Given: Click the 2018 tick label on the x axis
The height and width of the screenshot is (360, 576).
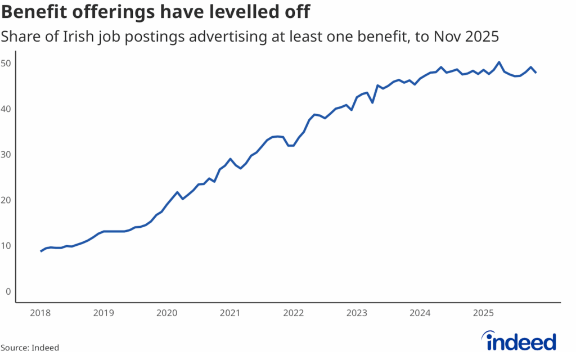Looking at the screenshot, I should pyautogui.click(x=40, y=313).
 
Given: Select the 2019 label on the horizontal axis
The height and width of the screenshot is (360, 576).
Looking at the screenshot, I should pyautogui.click(x=103, y=313).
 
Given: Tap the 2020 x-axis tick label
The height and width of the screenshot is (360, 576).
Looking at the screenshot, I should pyautogui.click(x=167, y=313).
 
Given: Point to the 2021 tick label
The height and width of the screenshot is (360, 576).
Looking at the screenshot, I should pyautogui.click(x=230, y=313).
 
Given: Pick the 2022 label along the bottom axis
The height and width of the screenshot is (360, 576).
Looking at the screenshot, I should pyautogui.click(x=294, y=313).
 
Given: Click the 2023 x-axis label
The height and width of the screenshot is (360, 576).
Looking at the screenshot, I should pyautogui.click(x=357, y=313).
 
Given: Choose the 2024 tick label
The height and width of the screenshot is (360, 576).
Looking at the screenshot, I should pyautogui.click(x=420, y=313).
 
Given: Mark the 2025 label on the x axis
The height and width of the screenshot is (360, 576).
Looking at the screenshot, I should pyautogui.click(x=483, y=313).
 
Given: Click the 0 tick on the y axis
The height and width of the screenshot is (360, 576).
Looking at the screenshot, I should pyautogui.click(x=8, y=291).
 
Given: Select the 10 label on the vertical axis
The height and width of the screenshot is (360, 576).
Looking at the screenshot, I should pyautogui.click(x=6, y=246).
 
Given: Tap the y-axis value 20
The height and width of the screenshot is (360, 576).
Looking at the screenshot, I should pyautogui.click(x=6, y=200).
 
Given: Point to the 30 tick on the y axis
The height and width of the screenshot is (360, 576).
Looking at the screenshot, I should pyautogui.click(x=6, y=154).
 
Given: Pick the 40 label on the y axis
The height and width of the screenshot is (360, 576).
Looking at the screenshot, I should pyautogui.click(x=6, y=109).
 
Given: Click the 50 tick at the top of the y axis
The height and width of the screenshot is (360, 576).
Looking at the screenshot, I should pyautogui.click(x=6, y=63).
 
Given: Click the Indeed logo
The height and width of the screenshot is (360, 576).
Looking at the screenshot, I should pyautogui.click(x=521, y=341).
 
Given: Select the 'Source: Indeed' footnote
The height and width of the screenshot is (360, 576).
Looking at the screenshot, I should pyautogui.click(x=30, y=348).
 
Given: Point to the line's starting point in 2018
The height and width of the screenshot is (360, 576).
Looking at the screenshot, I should pyautogui.click(x=41, y=251).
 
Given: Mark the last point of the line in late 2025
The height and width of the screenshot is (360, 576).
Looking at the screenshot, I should pyautogui.click(x=535, y=73).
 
